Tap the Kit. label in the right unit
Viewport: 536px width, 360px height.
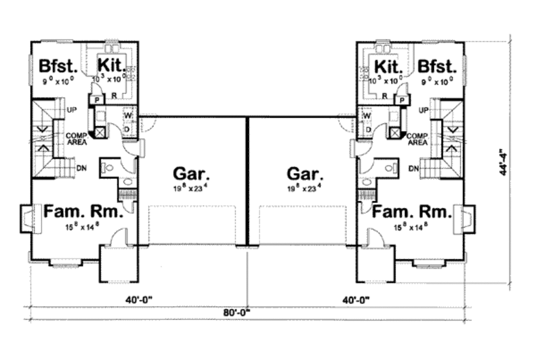[x=388, y=66]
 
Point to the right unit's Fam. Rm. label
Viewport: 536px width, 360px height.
[x=411, y=212]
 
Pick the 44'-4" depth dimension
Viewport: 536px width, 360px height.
[x=503, y=162]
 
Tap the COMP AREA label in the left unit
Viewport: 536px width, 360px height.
[x=76, y=139]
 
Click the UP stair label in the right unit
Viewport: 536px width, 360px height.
[x=423, y=110]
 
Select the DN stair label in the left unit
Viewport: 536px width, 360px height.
[x=82, y=168]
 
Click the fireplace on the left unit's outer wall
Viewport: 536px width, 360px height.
[x=27, y=218]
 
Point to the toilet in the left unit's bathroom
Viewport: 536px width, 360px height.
[x=109, y=168]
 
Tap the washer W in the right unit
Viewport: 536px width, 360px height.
[x=366, y=115]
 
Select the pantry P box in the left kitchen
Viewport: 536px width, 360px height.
[x=96, y=100]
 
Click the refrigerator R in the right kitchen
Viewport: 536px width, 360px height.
[x=384, y=96]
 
